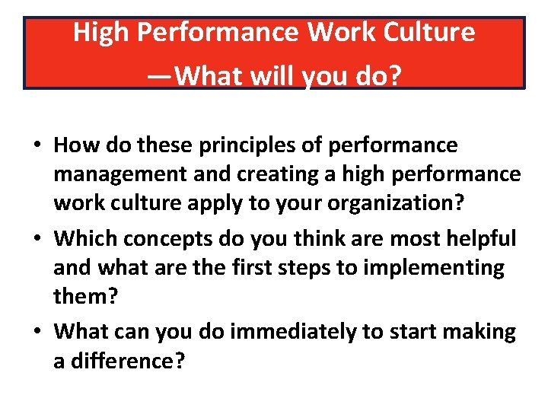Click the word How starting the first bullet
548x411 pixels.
74,145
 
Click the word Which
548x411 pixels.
84,237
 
